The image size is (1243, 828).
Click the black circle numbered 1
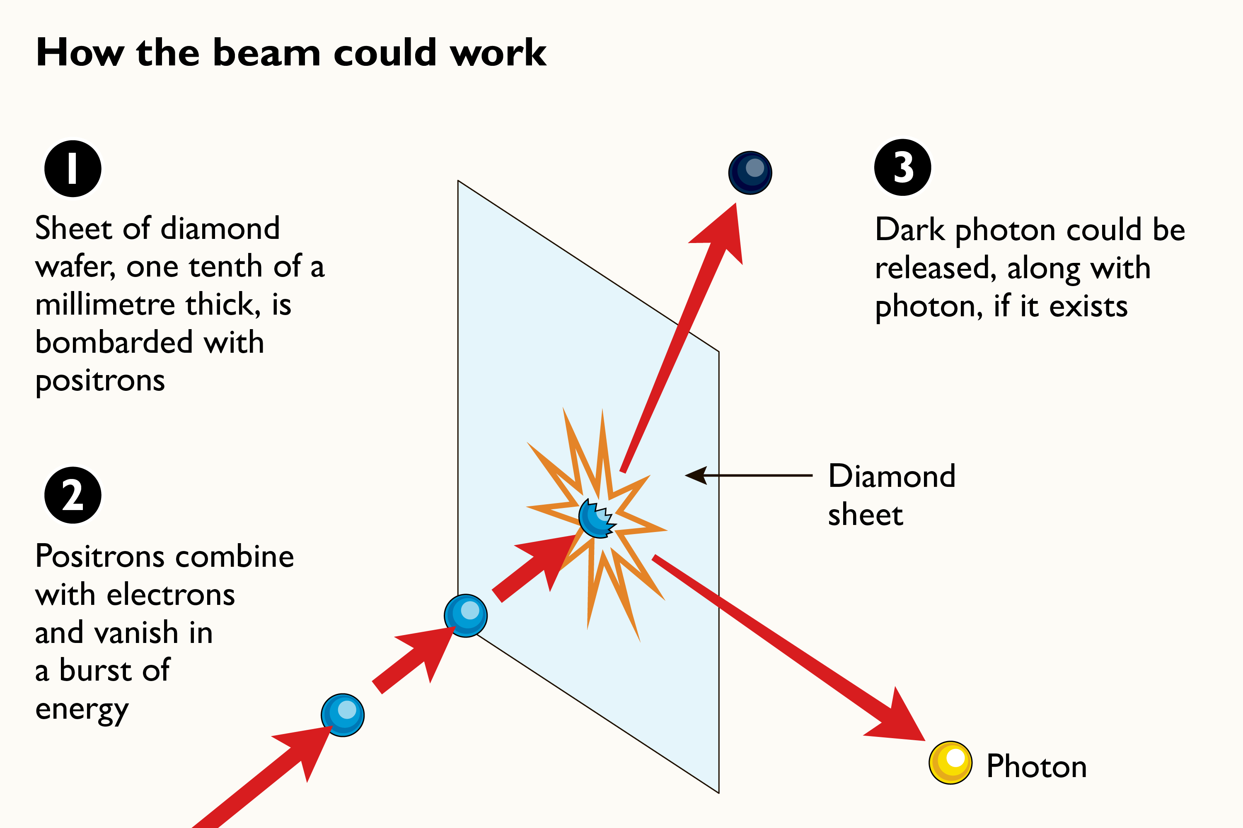(73, 169)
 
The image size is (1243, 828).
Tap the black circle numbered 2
(73, 495)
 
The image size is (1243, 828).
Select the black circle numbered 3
(903, 167)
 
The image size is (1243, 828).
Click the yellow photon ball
(950, 763)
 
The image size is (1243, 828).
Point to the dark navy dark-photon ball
(750, 173)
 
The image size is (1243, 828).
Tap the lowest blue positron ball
(343, 715)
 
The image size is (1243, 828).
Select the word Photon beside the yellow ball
(1036, 766)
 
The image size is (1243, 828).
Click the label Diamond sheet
(892, 495)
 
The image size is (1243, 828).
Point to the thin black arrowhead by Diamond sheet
(696, 475)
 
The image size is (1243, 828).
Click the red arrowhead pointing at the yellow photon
(898, 721)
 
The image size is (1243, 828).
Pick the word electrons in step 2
(171, 595)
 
